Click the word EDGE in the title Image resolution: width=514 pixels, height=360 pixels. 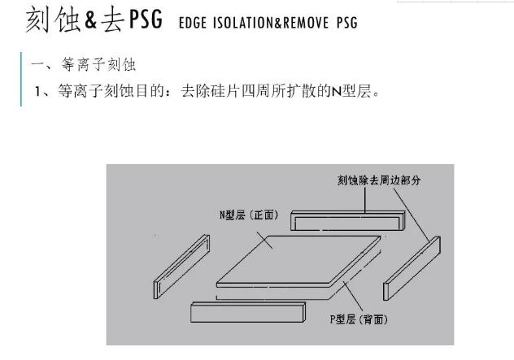(x=193, y=23)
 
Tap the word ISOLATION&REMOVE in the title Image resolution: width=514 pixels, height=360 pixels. (x=271, y=23)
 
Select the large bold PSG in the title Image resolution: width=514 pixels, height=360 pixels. (x=146, y=20)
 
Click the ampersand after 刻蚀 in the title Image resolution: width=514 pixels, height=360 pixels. (x=91, y=20)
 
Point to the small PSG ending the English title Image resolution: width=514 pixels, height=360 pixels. (x=347, y=23)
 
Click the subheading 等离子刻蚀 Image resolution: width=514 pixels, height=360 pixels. (x=98, y=64)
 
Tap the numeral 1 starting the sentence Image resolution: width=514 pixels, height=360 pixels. (x=37, y=91)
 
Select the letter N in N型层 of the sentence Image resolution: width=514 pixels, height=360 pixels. (x=337, y=91)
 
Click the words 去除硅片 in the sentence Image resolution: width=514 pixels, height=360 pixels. (x=210, y=91)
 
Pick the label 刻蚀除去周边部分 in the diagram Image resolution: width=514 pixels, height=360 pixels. (x=379, y=180)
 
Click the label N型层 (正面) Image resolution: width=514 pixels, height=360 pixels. (x=249, y=215)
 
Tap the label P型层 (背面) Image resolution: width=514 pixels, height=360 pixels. (x=359, y=319)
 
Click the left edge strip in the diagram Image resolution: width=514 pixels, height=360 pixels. (x=181, y=267)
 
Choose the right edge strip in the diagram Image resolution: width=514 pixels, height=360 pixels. (x=412, y=268)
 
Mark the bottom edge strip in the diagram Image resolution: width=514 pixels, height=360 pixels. (x=248, y=313)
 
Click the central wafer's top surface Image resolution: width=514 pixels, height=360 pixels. (x=298, y=259)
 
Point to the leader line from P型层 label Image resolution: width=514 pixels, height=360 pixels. (x=353, y=296)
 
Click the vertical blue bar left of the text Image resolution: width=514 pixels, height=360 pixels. (x=21, y=80)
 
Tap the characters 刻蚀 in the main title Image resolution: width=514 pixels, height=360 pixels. (x=53, y=20)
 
